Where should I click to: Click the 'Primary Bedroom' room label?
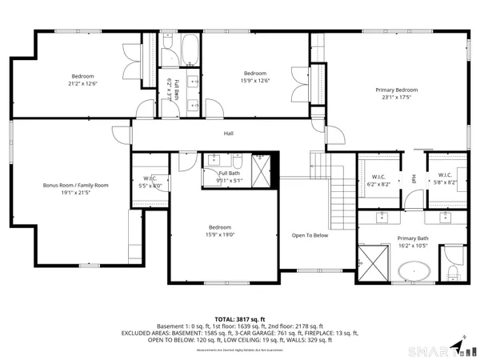[x=397, y=90]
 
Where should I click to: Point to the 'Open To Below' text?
[x=310, y=235]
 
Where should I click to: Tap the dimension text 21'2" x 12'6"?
[x=83, y=82]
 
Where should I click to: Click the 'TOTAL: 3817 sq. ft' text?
[x=239, y=319]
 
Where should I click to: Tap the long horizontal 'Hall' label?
[x=228, y=134]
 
